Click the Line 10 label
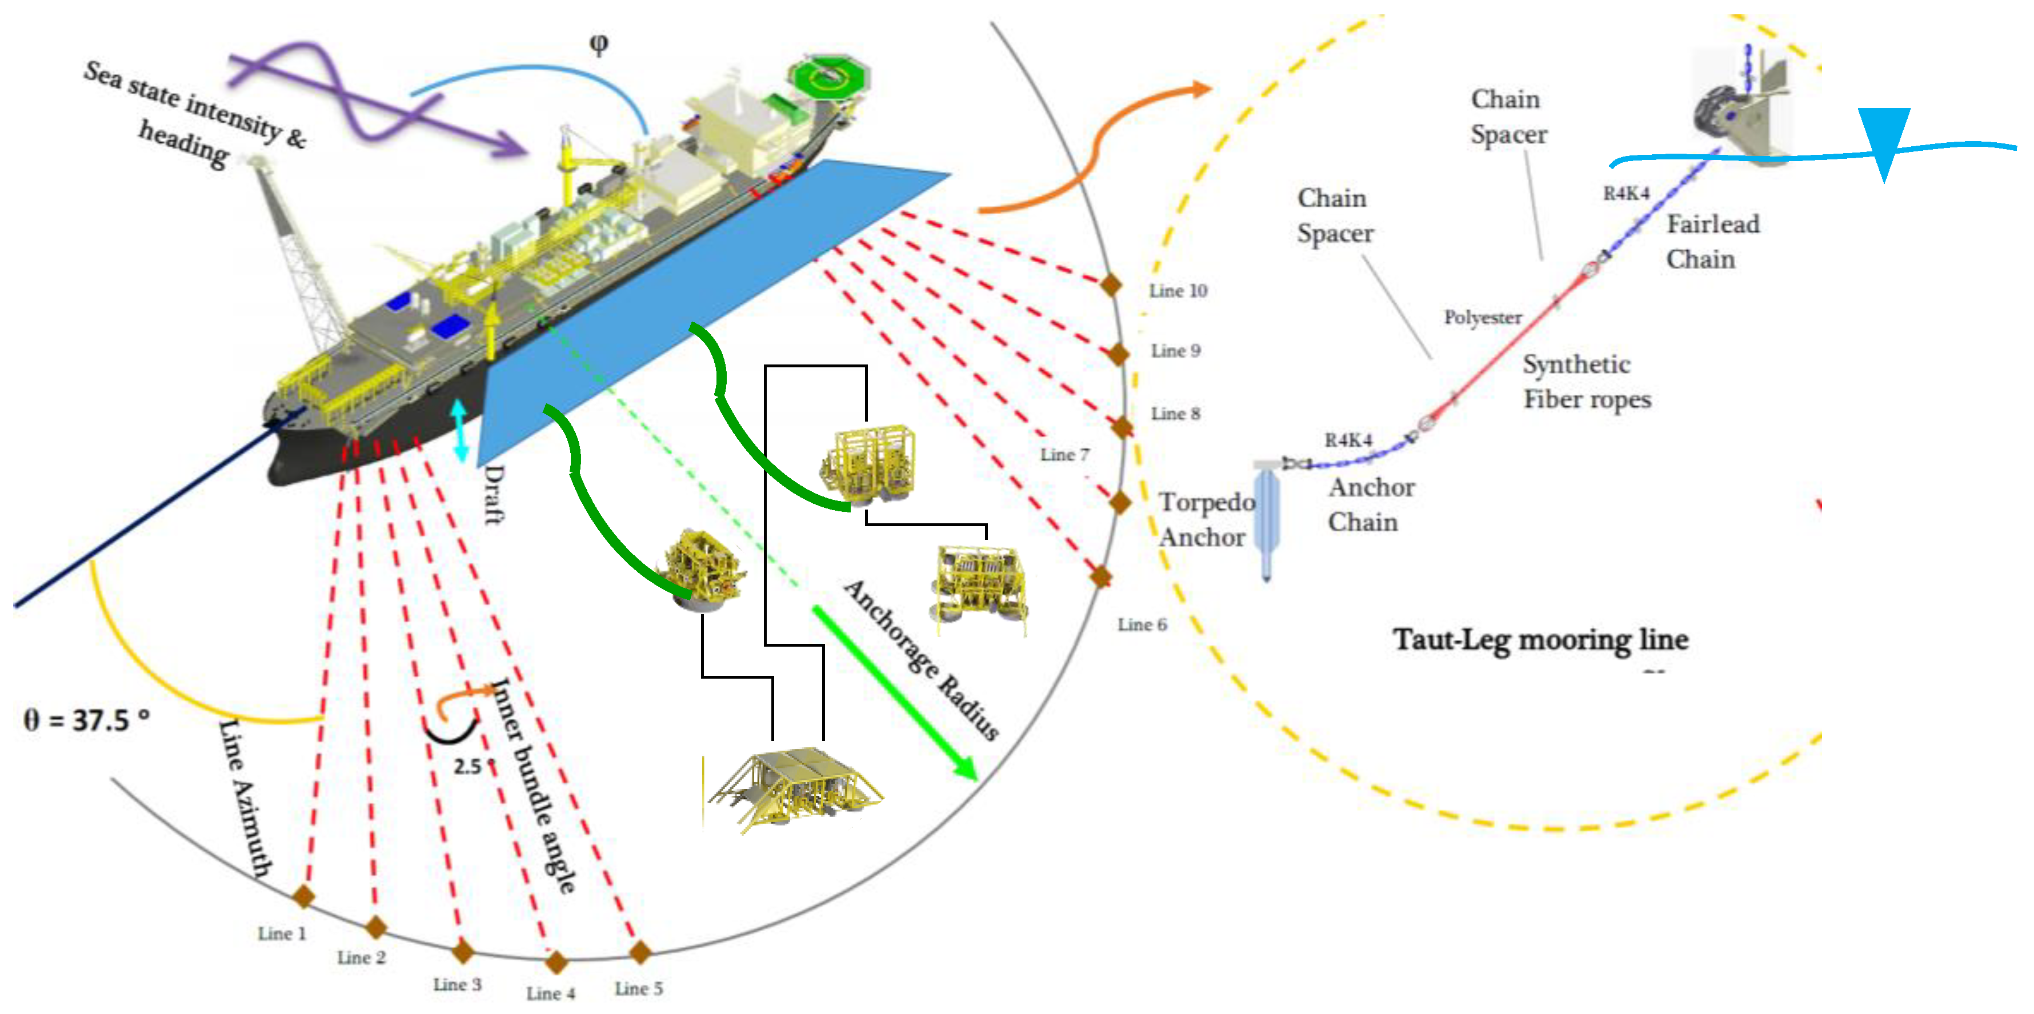point(1178,291)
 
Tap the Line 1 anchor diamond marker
point(303,896)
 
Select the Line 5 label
point(639,988)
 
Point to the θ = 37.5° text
point(86,719)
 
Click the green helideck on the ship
point(828,77)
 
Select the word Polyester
point(1482,318)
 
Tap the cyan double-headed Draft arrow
point(461,430)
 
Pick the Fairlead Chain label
point(1712,242)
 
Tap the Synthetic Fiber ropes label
point(1586,382)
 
